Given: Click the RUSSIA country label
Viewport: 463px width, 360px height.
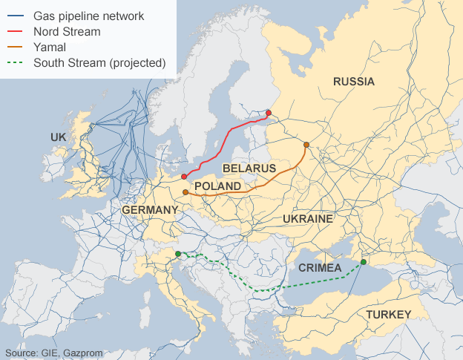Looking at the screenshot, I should pyautogui.click(x=354, y=82).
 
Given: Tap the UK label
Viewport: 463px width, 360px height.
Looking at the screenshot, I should pyautogui.click(x=59, y=137).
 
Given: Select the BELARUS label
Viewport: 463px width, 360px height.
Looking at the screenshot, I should pyautogui.click(x=249, y=169).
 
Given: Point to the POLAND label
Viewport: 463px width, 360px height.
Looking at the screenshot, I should pyautogui.click(x=217, y=186).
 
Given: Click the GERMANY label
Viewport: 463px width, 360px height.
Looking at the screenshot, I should pyautogui.click(x=150, y=210).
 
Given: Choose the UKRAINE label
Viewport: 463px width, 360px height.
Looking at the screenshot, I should pyautogui.click(x=307, y=219).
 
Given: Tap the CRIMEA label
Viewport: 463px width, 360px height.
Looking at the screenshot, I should pyautogui.click(x=320, y=267).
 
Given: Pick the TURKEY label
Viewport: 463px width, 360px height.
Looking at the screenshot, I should pyautogui.click(x=387, y=315).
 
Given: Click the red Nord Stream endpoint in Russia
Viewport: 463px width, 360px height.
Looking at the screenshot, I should pyautogui.click(x=269, y=114).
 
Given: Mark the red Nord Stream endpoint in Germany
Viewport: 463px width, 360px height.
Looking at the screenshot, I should pyautogui.click(x=183, y=177).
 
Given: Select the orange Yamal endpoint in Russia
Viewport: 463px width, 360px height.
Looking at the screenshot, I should pyautogui.click(x=306, y=145).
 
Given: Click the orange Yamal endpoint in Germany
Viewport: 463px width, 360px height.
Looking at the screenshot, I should pyautogui.click(x=185, y=192).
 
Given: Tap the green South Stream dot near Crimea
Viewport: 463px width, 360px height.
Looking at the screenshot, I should pyautogui.click(x=364, y=262).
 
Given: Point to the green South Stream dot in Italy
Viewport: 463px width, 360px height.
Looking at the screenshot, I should pyautogui.click(x=178, y=255).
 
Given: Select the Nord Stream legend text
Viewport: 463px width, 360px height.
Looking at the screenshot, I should pyautogui.click(x=66, y=31).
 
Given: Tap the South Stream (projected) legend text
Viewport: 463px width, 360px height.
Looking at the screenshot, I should pyautogui.click(x=99, y=62).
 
